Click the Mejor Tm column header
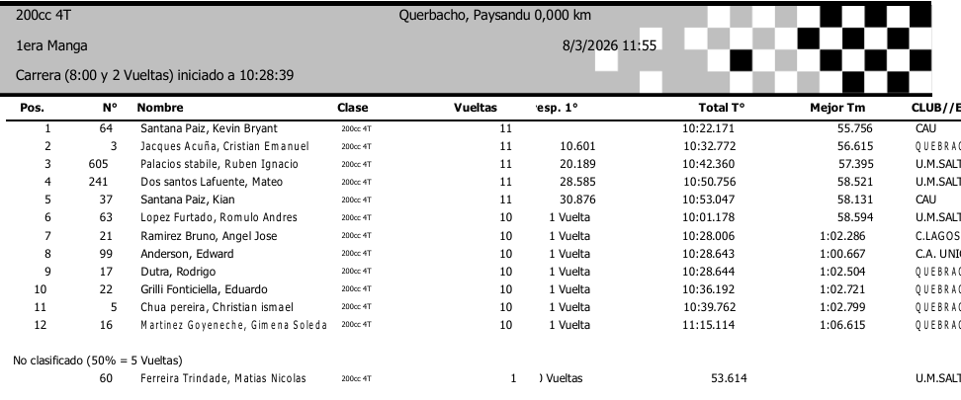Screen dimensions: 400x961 (x=837, y=107)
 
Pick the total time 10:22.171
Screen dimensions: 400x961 (x=708, y=128)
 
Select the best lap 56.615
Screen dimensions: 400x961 (x=857, y=146)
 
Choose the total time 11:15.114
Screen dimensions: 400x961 (x=708, y=324)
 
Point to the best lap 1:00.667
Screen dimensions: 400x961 (x=853, y=253)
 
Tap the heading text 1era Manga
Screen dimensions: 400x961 (x=51, y=45)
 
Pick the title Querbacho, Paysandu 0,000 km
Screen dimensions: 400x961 (x=494, y=16)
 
